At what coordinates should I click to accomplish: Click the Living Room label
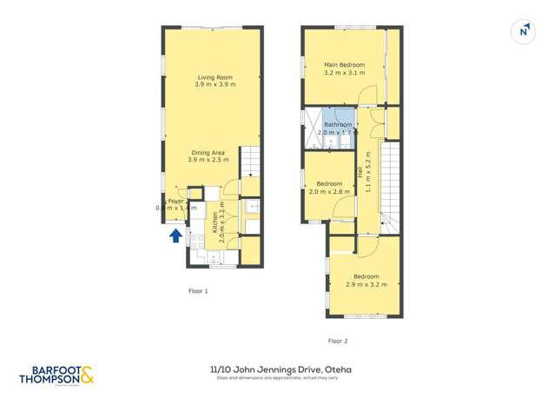[x=212, y=77]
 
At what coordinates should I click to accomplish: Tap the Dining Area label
[x=207, y=153]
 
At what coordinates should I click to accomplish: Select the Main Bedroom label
[x=344, y=65]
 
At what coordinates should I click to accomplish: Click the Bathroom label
[x=338, y=125]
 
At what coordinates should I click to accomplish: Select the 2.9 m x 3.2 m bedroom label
[x=365, y=277]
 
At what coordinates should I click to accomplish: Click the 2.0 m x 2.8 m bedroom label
[x=329, y=183]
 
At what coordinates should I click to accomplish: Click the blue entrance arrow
[x=175, y=234]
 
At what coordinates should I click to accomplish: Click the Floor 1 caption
[x=198, y=291]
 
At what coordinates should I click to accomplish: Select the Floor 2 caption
[x=338, y=341]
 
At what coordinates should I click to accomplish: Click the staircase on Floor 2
[x=389, y=187]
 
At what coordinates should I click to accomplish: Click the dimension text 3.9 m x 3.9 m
[x=212, y=84]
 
